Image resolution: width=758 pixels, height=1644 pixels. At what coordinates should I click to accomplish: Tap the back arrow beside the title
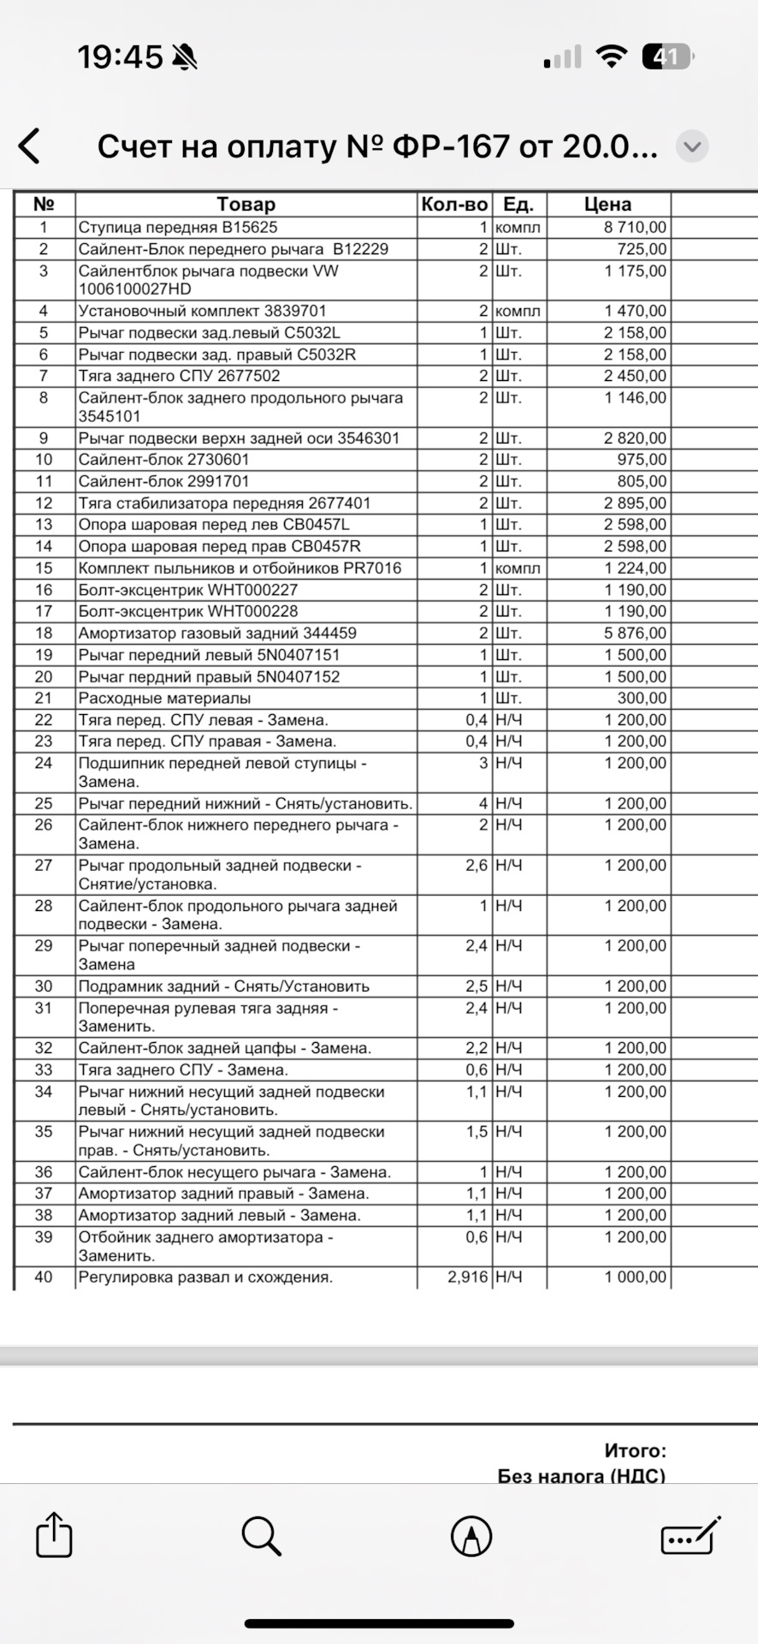click(x=30, y=146)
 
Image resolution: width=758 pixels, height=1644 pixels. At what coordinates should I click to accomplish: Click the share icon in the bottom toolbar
click(x=54, y=1534)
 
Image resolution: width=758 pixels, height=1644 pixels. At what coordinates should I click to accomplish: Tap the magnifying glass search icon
click(x=261, y=1535)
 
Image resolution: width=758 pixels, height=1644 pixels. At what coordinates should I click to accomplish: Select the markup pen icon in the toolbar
click(x=471, y=1535)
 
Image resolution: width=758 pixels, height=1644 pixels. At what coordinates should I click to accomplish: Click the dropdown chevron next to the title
click(x=692, y=146)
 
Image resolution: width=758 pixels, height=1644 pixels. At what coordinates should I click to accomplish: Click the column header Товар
click(x=246, y=205)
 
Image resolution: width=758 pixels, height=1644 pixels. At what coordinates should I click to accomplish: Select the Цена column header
click(x=607, y=205)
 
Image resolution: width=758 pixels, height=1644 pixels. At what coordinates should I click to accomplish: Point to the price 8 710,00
click(x=635, y=228)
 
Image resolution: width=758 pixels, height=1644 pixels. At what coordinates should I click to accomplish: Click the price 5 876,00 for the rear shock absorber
click(x=635, y=634)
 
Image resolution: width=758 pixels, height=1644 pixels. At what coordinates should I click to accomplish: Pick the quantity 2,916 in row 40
click(x=467, y=1278)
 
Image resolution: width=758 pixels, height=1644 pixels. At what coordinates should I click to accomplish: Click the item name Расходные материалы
click(x=164, y=699)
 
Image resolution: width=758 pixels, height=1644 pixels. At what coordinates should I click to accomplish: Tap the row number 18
click(x=44, y=634)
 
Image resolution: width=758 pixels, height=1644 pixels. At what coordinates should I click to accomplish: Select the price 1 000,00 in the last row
click(x=635, y=1278)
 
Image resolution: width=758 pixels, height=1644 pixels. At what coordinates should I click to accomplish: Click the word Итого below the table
click(x=635, y=1450)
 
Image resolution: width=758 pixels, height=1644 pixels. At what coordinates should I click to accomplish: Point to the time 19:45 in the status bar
click(x=120, y=57)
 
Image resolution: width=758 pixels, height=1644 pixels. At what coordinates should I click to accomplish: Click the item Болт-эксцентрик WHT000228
click(x=188, y=611)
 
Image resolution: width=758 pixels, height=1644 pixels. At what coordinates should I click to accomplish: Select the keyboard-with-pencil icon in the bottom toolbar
click(x=690, y=1535)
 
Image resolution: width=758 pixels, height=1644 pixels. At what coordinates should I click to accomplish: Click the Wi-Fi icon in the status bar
click(x=611, y=57)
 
